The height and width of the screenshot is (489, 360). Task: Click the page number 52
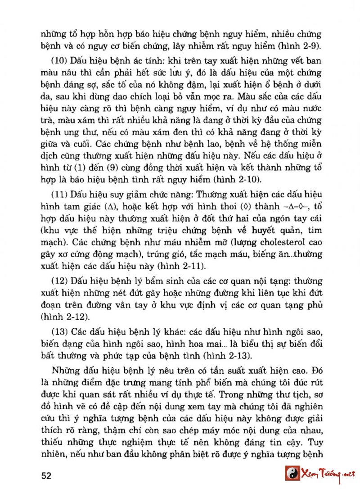47,475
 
